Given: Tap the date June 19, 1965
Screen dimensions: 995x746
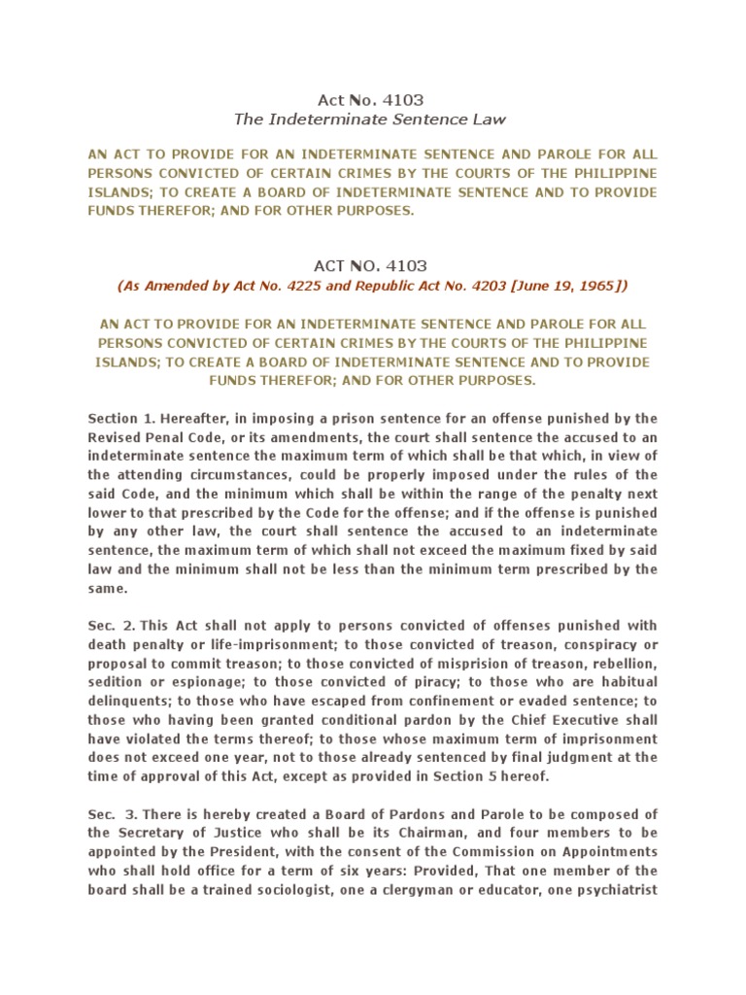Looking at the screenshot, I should (x=573, y=286).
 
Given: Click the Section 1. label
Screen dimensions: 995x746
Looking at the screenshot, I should (x=118, y=418).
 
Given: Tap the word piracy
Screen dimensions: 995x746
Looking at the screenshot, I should (x=417, y=682).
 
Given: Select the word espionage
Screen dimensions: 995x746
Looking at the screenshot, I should (x=190, y=682).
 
